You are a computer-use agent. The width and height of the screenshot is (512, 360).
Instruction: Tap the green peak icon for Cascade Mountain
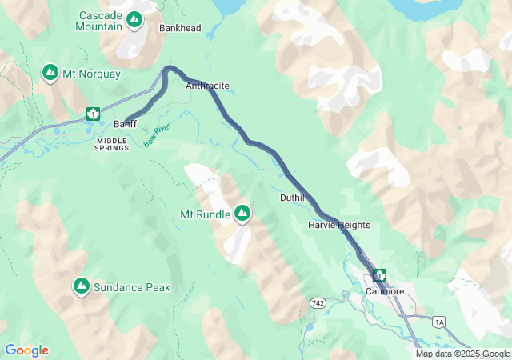point(134,20)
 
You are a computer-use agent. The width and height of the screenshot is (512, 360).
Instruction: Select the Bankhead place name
point(180,28)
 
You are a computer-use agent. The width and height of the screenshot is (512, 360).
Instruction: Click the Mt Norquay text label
point(92,74)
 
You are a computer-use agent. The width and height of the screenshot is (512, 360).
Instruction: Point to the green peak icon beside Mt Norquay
point(50,74)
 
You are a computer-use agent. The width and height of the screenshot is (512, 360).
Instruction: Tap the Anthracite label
point(207,86)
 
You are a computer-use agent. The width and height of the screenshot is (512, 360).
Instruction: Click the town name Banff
point(126,124)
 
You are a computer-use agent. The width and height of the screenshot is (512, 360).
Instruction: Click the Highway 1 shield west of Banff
point(94,114)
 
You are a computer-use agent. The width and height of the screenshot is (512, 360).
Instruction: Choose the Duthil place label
point(292,198)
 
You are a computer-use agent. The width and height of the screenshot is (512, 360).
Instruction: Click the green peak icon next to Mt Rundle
point(242,214)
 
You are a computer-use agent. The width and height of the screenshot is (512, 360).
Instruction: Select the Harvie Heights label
point(338,226)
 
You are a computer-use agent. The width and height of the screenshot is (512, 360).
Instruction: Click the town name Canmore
point(384,291)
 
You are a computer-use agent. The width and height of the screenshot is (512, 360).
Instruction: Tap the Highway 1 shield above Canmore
point(378,275)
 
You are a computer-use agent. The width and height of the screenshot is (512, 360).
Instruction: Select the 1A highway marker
point(438,322)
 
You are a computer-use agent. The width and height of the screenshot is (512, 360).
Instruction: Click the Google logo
point(26,350)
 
